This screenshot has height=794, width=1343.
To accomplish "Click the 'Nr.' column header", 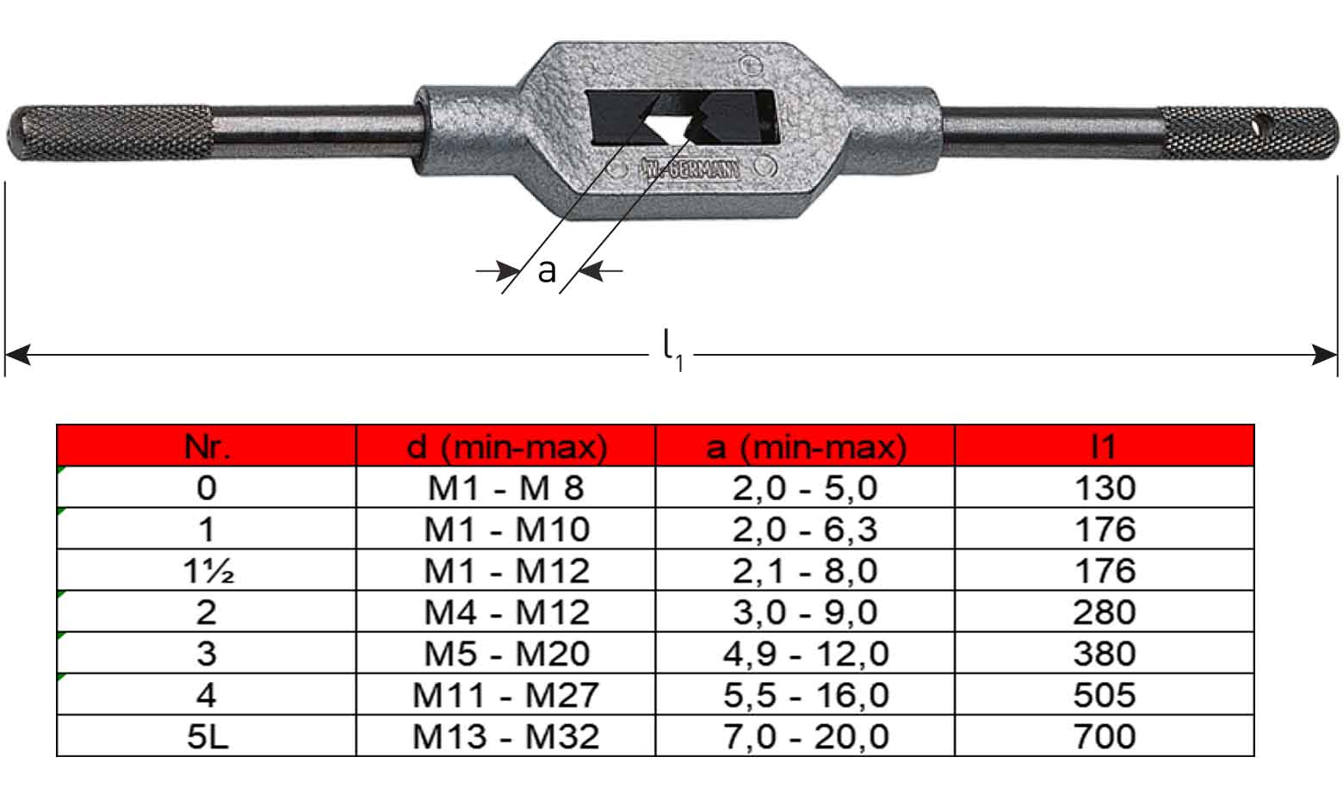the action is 207,447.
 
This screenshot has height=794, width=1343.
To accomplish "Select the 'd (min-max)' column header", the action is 506,447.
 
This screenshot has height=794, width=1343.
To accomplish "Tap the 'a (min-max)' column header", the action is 806,447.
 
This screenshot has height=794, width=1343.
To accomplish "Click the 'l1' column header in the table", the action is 1105,447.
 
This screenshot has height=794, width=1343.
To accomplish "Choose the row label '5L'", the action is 207,737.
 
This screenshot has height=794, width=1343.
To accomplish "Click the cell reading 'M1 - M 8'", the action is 506,488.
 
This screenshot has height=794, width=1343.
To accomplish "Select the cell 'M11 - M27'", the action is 506,696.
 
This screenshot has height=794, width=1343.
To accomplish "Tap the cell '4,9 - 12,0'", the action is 806,654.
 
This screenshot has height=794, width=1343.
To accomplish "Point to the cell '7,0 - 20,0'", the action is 806,737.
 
